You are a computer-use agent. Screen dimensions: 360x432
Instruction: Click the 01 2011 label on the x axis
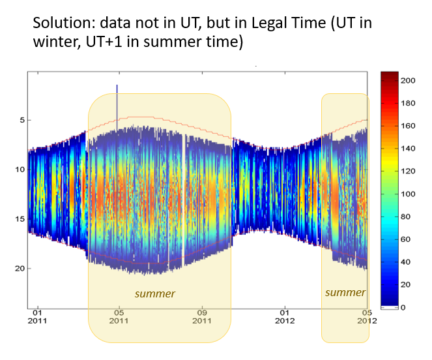[38, 316]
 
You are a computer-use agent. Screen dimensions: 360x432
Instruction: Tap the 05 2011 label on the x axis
[118, 316]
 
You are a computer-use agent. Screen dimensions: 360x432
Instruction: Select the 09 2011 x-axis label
[202, 316]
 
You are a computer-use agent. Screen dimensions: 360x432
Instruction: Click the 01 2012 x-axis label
[285, 316]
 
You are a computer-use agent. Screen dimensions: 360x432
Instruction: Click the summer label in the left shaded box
[155, 293]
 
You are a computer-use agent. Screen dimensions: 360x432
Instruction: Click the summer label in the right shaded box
[345, 292]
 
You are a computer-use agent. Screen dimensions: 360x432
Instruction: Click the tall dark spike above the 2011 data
[117, 98]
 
